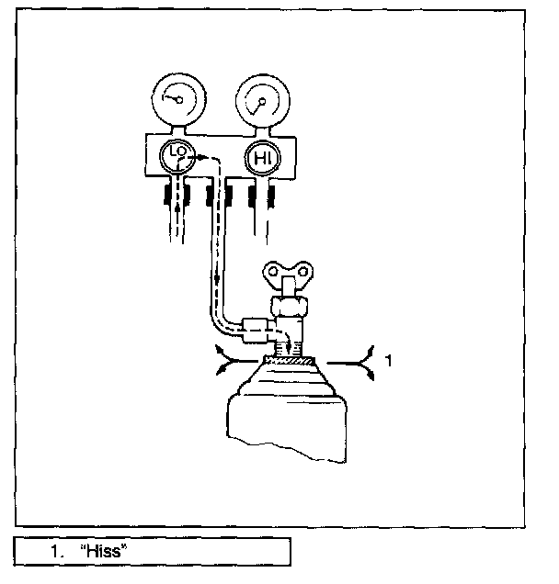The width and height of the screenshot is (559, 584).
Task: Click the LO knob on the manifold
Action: [x=177, y=159]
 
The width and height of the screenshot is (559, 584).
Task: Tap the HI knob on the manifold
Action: [x=261, y=159]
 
